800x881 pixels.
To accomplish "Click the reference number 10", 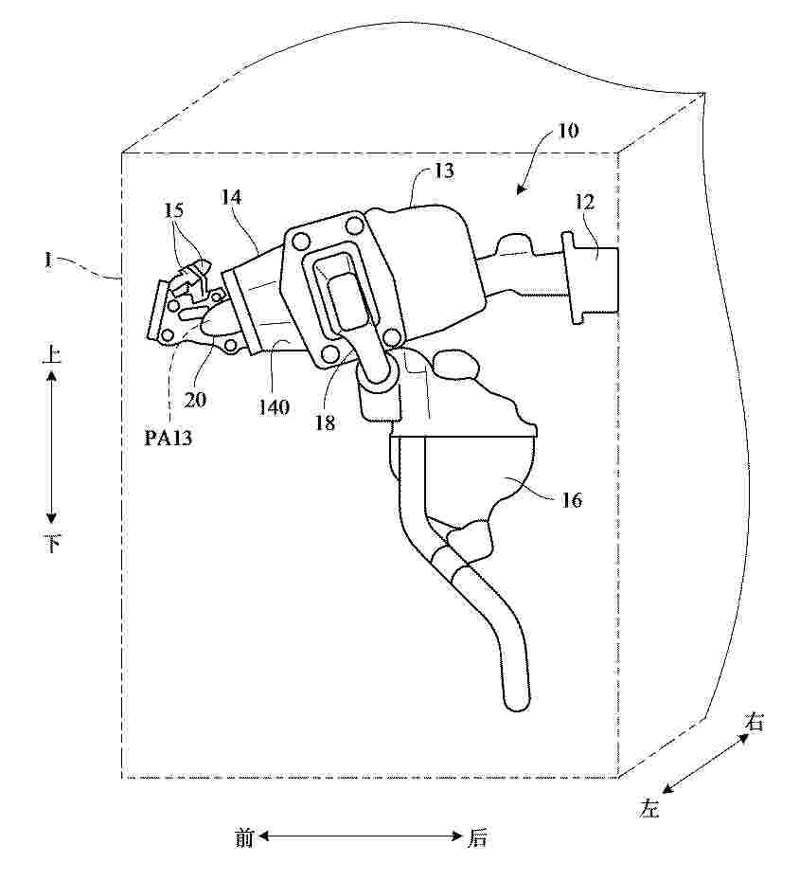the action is click(x=567, y=131).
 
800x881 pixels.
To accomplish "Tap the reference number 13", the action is click(x=443, y=171).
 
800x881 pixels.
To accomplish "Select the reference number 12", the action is click(x=584, y=203).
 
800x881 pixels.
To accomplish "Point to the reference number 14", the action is click(x=231, y=197).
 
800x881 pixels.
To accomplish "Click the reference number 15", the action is click(x=174, y=210).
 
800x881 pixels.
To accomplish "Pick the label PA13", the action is click(x=168, y=437).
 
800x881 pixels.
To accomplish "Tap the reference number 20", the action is click(x=195, y=400).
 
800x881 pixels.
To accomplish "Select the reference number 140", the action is click(x=274, y=406).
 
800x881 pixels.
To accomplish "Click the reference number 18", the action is click(x=325, y=423).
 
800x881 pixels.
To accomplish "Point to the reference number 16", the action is click(x=572, y=499).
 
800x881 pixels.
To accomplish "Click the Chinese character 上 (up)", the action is click(x=52, y=354).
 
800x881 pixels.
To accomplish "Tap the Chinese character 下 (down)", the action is click(x=52, y=544).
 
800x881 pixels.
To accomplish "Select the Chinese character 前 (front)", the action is click(x=244, y=838).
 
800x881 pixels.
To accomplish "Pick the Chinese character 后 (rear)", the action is click(x=478, y=838).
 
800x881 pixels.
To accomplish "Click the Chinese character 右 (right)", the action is click(x=754, y=722).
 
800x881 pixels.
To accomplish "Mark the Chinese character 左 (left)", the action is click(x=649, y=807).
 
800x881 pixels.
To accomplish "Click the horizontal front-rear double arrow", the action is click(x=361, y=837).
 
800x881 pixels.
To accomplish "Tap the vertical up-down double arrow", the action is click(x=52, y=449).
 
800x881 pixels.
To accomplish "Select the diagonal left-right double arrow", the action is click(x=705, y=764).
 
